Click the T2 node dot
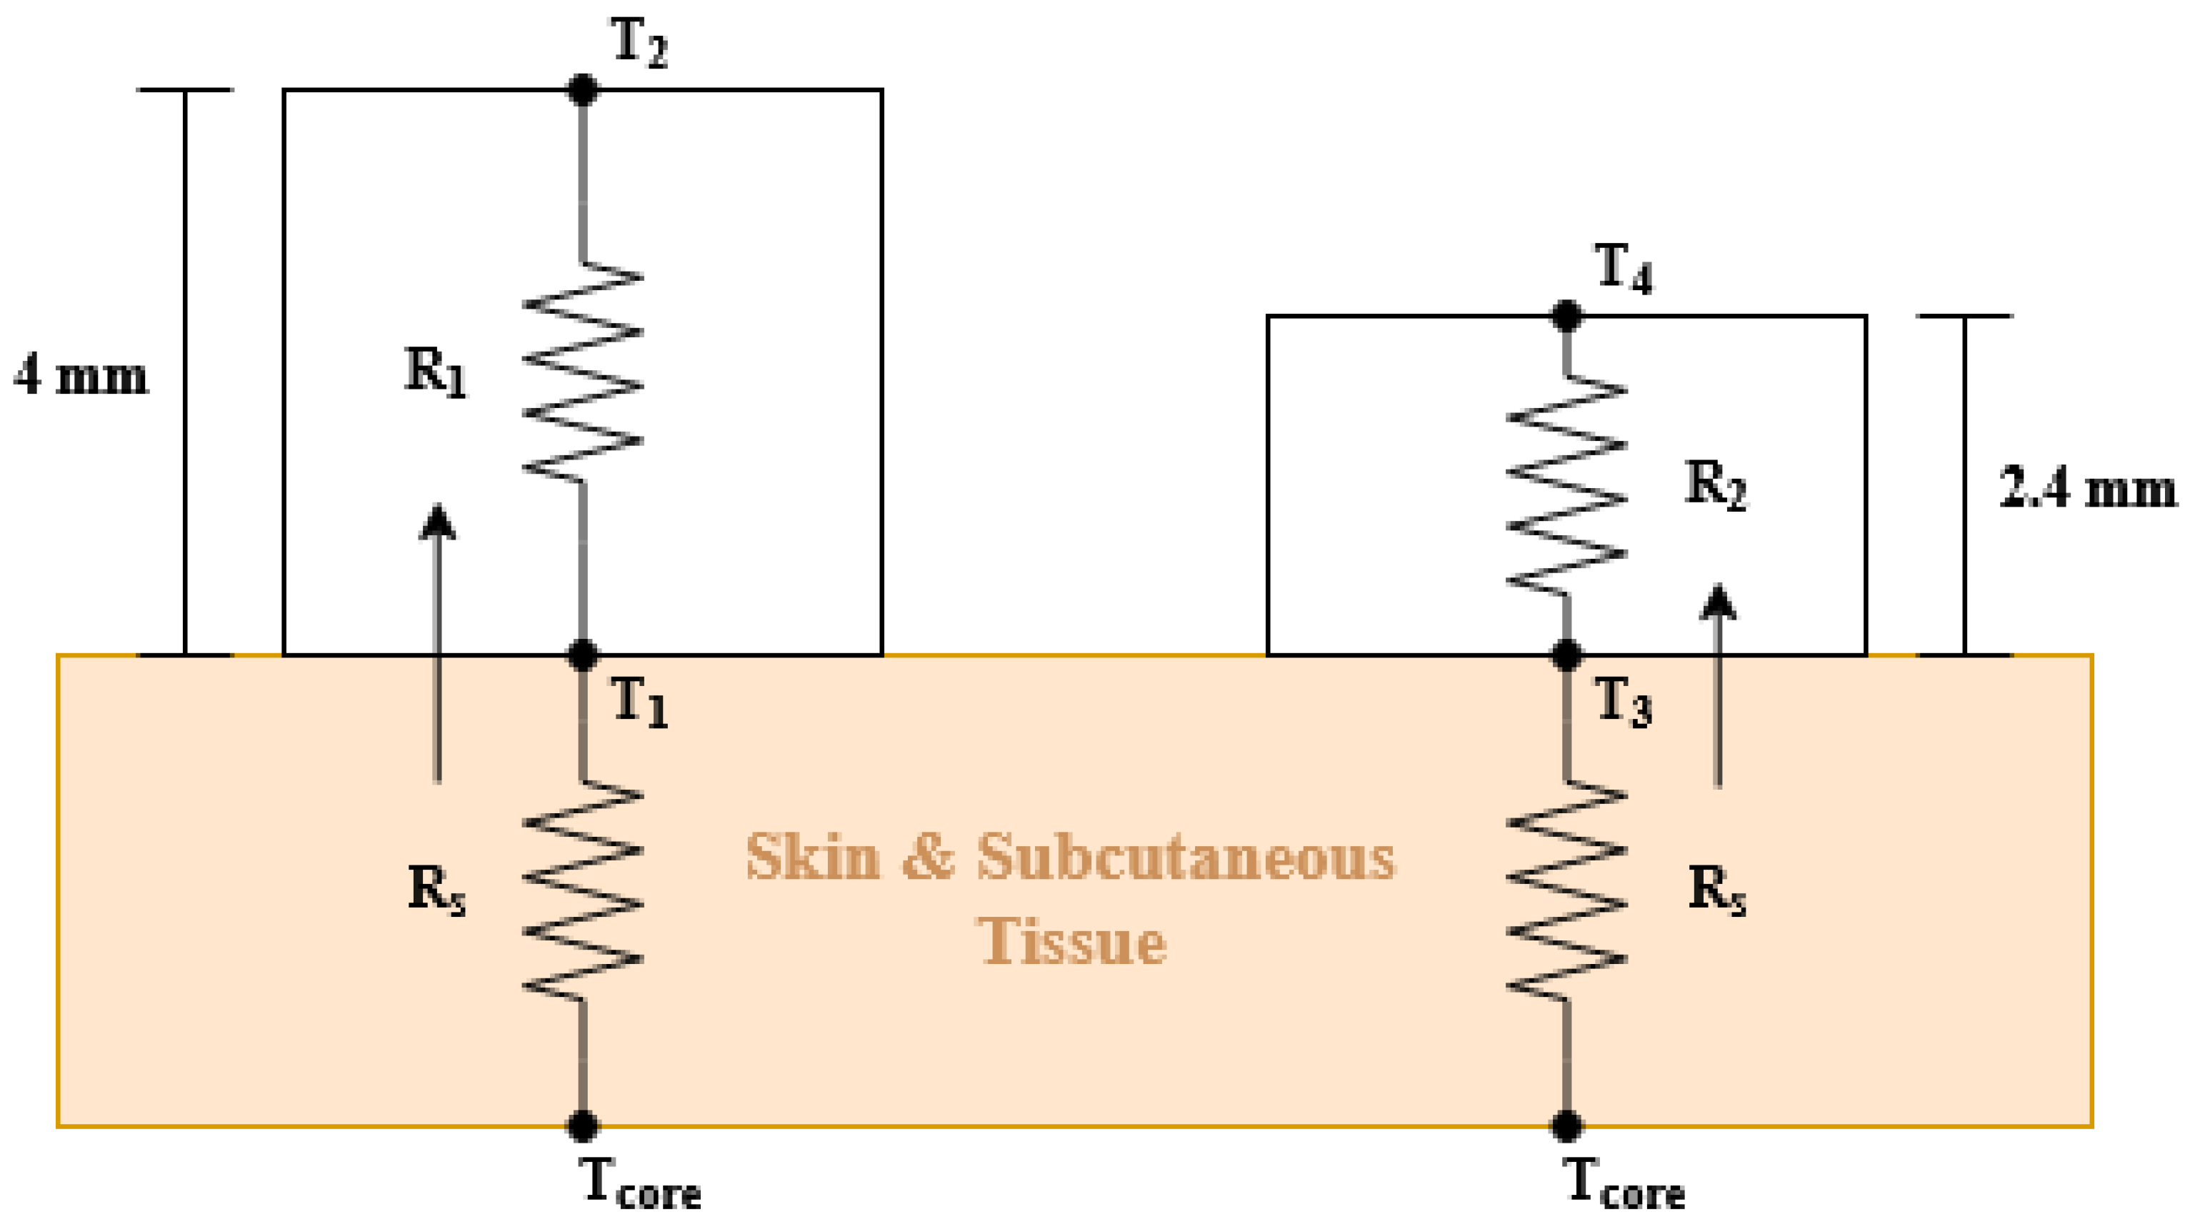(x=582, y=89)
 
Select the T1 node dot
(x=582, y=655)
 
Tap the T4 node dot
(x=1566, y=315)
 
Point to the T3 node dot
(x=1566, y=655)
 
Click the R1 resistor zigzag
(x=582, y=372)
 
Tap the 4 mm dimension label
(x=81, y=376)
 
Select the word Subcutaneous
(x=1185, y=857)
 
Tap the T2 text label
(x=639, y=42)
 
